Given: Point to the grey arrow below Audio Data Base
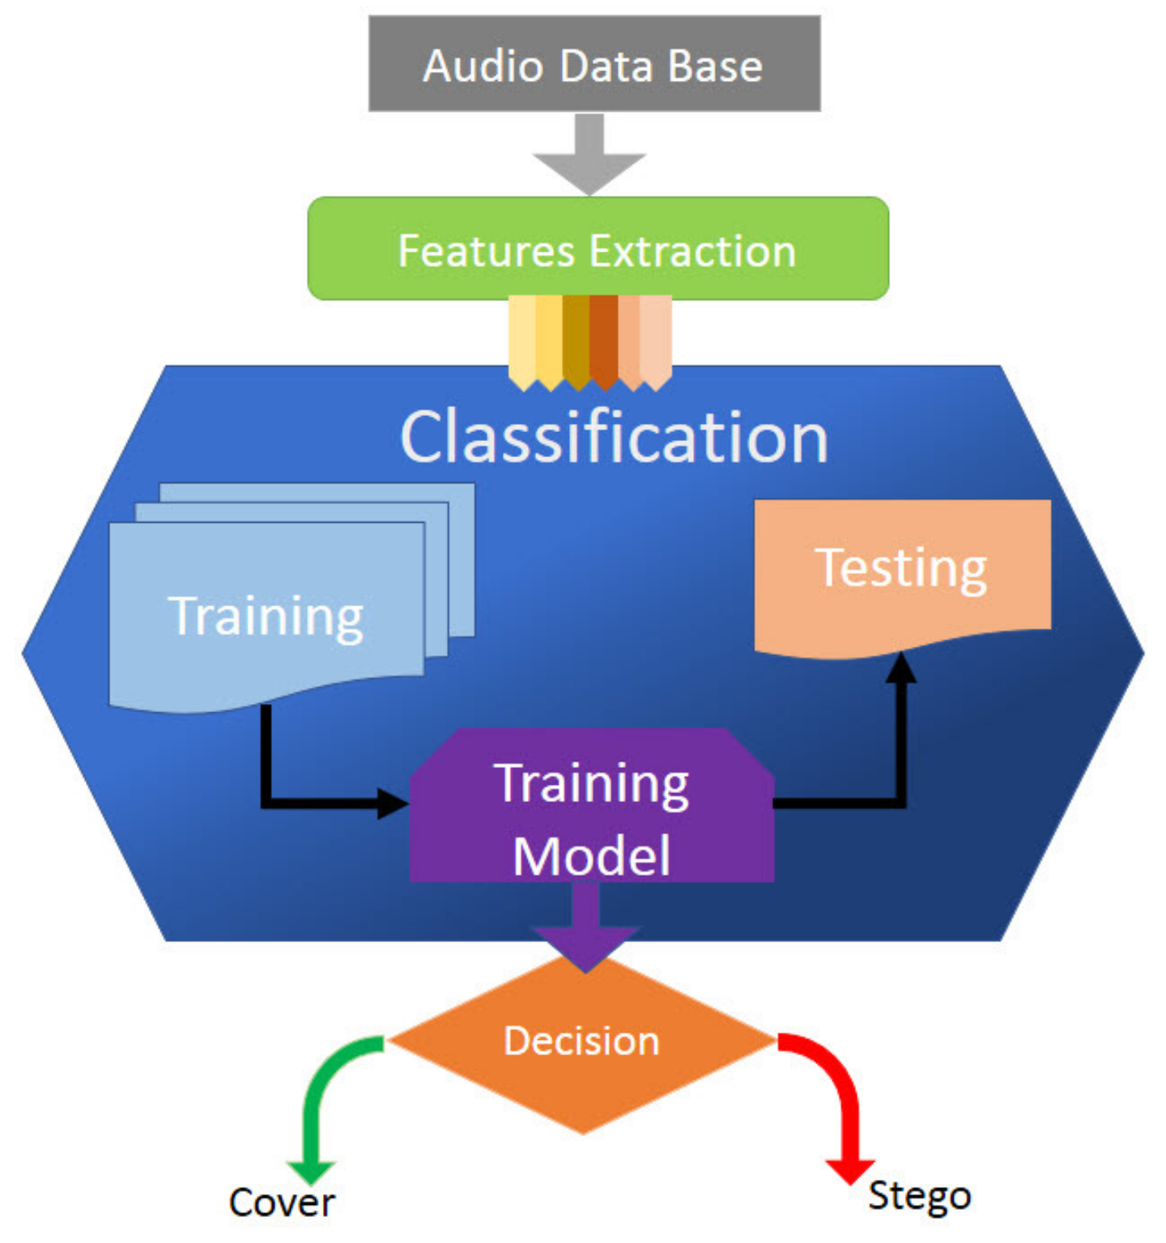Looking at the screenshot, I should point(589,154).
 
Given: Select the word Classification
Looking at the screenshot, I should point(614,438).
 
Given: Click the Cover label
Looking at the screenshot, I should point(281,1203).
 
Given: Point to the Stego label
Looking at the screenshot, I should point(919,1196).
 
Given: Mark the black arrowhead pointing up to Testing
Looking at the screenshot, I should point(900,668).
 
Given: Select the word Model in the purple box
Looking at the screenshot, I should point(592,856).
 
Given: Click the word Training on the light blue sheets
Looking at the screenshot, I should point(266,617).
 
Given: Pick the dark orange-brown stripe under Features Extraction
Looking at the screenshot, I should point(603,340).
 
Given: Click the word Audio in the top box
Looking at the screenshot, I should point(483,66).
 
